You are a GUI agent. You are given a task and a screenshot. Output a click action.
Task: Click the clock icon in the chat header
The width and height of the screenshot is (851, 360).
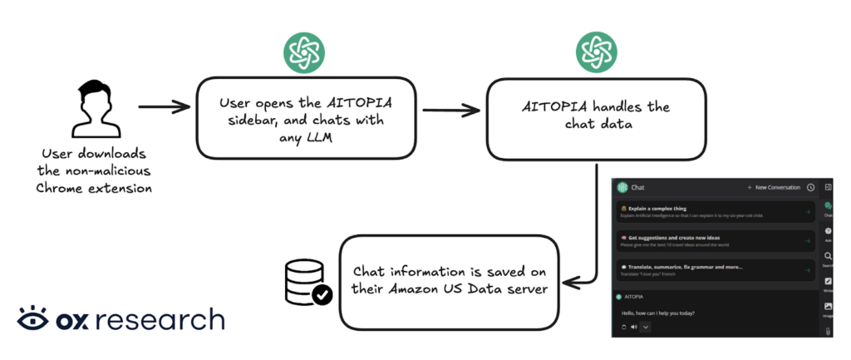tap(810, 188)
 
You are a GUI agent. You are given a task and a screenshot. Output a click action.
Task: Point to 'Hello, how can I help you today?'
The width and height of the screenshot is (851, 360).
tap(659, 313)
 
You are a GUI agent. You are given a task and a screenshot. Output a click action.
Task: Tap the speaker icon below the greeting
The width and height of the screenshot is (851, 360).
tap(633, 328)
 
